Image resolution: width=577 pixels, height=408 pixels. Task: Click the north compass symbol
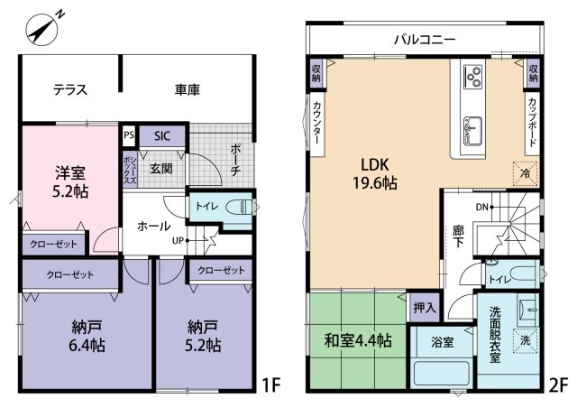(x=43, y=29)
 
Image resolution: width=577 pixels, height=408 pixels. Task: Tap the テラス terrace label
(x=70, y=89)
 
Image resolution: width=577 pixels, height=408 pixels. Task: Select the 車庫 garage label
(x=187, y=89)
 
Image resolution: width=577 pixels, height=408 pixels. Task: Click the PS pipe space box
(x=129, y=135)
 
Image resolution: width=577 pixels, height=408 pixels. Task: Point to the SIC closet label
(x=162, y=136)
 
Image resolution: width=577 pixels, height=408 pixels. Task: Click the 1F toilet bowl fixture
(x=238, y=207)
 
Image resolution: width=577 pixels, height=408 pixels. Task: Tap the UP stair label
(x=178, y=241)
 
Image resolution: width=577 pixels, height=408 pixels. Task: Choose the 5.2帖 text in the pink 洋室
(x=70, y=191)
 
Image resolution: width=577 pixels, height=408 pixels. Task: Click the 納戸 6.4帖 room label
(x=87, y=336)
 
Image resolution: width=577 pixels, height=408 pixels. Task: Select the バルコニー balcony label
(x=425, y=39)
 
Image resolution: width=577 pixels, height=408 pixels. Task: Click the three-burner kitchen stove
(x=472, y=76)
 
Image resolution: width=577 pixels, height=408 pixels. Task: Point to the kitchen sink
(x=472, y=131)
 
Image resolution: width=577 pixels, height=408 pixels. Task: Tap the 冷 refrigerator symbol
(x=527, y=173)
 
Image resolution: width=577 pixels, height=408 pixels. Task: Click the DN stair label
(x=481, y=207)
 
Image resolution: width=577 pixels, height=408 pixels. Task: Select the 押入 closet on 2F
(x=425, y=308)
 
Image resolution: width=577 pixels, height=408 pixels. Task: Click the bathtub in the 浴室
(x=442, y=374)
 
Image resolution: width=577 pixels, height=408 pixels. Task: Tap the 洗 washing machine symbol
(x=526, y=340)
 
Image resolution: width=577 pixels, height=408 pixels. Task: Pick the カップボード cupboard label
(x=532, y=122)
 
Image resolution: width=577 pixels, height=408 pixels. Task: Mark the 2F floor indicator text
(x=558, y=385)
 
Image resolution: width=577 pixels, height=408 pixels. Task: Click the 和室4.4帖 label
(x=358, y=341)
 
